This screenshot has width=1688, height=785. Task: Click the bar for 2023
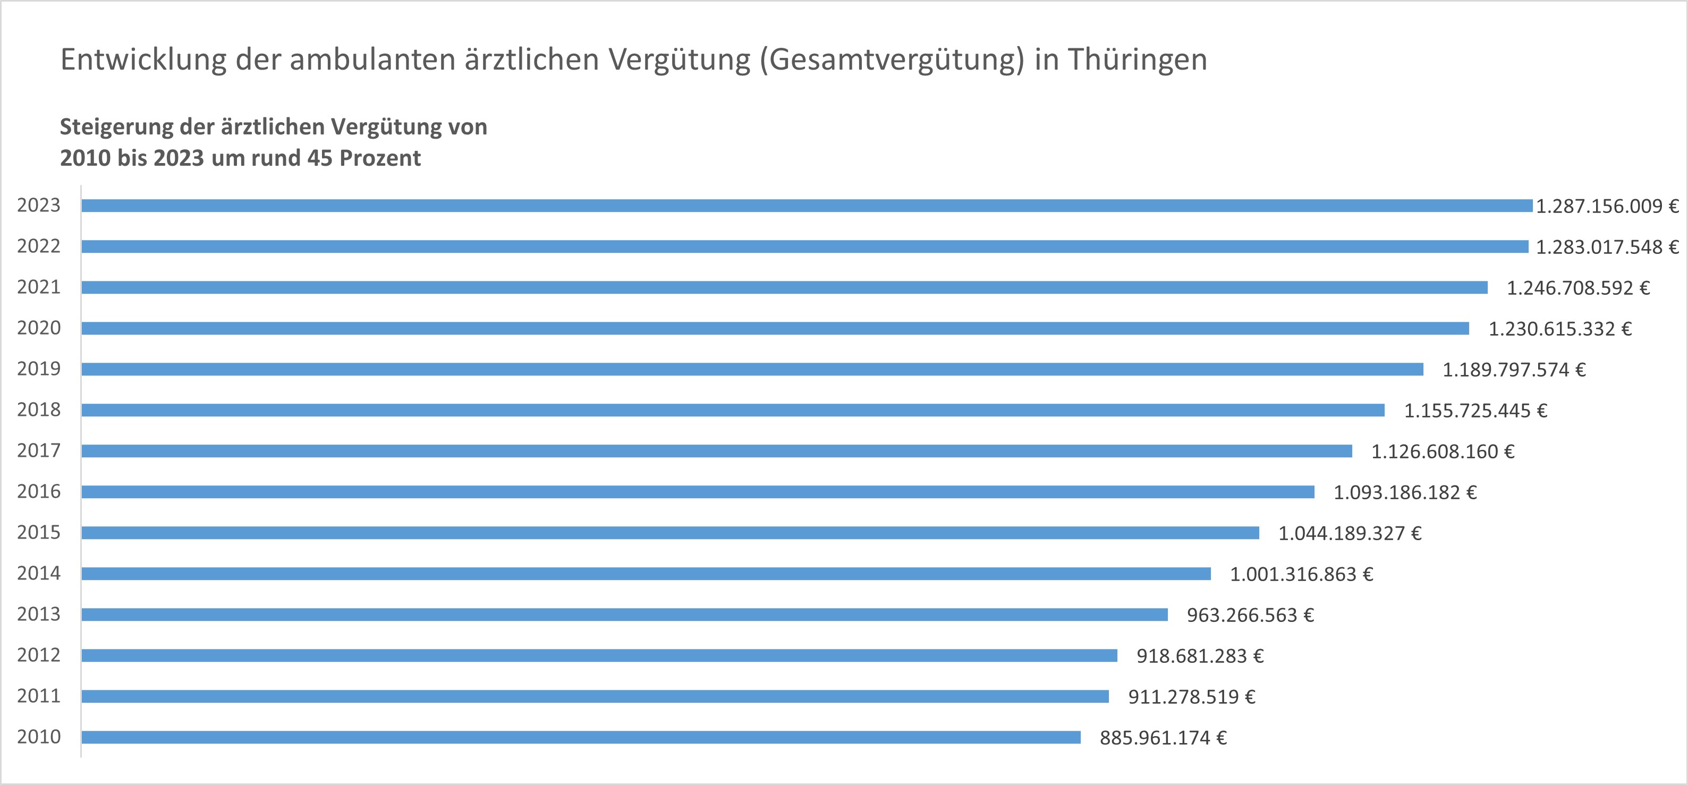click(806, 206)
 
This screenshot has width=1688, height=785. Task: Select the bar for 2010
click(581, 737)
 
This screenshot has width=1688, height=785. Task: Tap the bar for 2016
click(697, 492)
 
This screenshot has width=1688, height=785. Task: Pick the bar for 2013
click(624, 615)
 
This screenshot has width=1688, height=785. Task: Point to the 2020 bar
click(775, 328)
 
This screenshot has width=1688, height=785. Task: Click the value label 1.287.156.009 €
click(1607, 207)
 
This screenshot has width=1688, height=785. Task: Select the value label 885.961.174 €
click(1163, 738)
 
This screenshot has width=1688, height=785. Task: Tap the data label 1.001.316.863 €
click(1301, 575)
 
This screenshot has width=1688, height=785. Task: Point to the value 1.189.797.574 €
click(1514, 370)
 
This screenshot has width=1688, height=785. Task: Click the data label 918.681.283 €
click(1200, 656)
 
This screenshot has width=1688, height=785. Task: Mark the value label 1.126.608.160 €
click(1443, 451)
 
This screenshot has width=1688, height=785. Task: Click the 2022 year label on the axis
click(39, 246)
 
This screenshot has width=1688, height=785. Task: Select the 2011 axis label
click(39, 696)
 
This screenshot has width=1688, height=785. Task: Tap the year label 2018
click(39, 410)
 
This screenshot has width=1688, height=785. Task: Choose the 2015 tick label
click(39, 533)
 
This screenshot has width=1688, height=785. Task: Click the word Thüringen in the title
click(1138, 59)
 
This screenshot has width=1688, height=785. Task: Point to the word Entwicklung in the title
click(143, 59)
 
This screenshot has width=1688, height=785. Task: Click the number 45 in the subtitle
click(320, 158)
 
